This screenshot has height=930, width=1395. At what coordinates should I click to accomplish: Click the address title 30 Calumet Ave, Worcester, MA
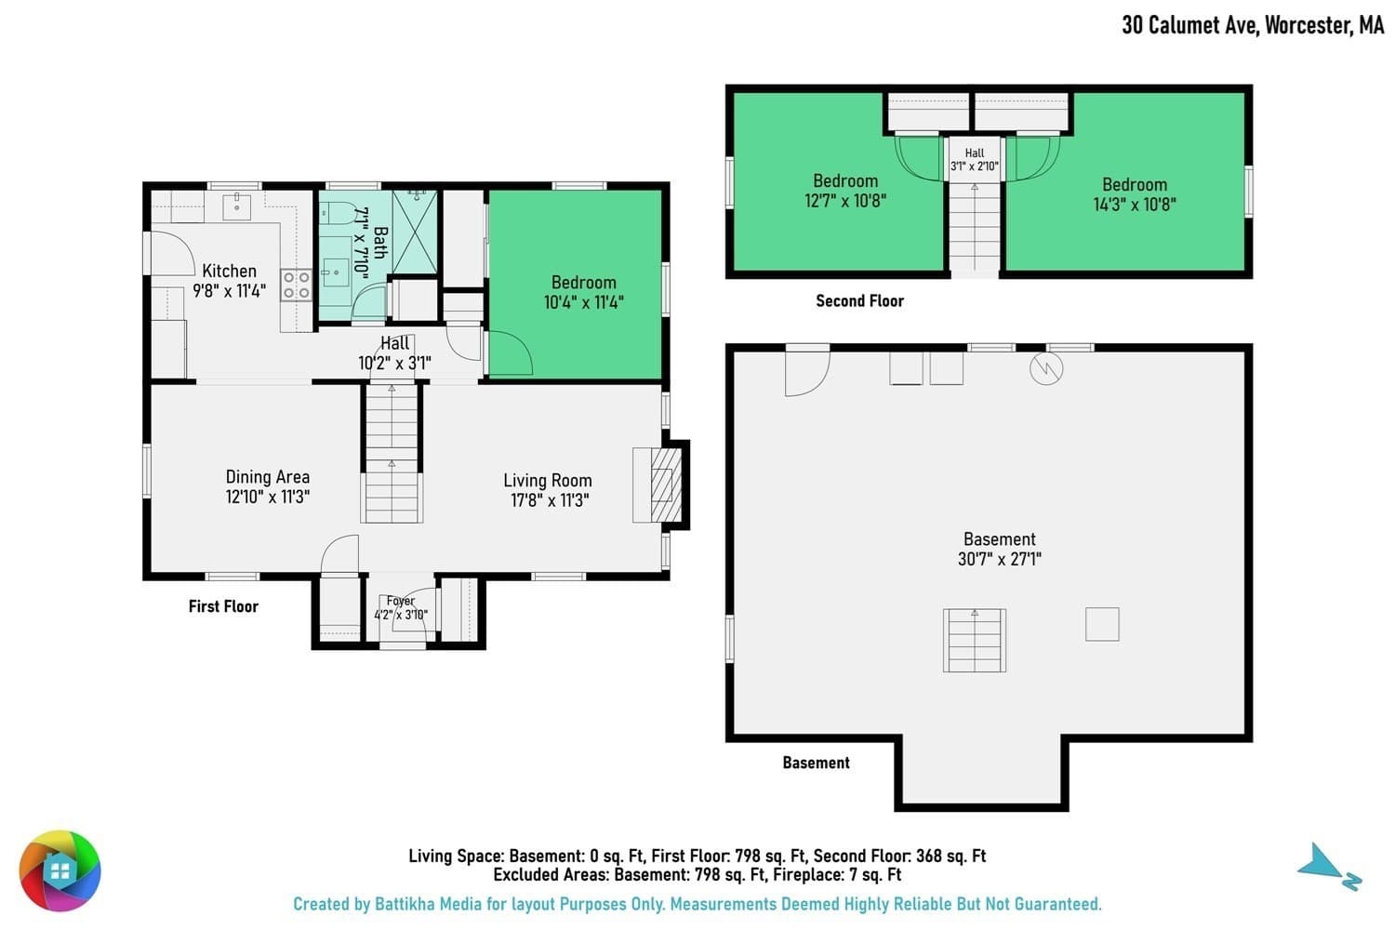(x=1253, y=25)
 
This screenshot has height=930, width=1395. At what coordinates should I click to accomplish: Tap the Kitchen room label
(x=229, y=271)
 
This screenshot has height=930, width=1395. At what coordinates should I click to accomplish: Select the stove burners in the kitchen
(x=297, y=285)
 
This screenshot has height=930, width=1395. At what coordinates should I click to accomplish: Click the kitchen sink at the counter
(x=236, y=206)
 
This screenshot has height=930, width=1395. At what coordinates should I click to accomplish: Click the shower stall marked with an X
(x=415, y=232)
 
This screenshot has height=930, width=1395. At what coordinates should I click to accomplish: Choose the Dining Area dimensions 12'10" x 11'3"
(x=268, y=497)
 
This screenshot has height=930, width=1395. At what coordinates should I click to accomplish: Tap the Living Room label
(x=548, y=480)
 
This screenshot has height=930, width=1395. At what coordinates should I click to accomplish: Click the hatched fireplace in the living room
(x=666, y=485)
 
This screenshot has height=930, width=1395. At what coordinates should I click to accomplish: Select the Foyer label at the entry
(x=401, y=601)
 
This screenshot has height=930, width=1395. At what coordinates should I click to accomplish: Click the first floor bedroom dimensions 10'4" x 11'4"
(x=583, y=303)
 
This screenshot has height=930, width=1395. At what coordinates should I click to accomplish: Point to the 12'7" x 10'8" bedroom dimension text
(x=845, y=201)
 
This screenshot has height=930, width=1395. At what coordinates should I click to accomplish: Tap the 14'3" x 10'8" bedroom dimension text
(x=1135, y=205)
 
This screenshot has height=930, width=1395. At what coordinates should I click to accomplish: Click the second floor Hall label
(x=975, y=153)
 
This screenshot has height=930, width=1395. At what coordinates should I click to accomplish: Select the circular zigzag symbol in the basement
(x=1046, y=369)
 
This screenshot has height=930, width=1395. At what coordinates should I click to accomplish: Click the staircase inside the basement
(x=975, y=641)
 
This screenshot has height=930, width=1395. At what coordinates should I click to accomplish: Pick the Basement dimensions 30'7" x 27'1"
(x=1000, y=559)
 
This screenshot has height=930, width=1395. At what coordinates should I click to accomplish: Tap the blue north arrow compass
(x=1328, y=867)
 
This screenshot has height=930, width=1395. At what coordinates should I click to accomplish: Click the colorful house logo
(x=60, y=870)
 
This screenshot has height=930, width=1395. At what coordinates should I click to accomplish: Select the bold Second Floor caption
(x=859, y=301)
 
